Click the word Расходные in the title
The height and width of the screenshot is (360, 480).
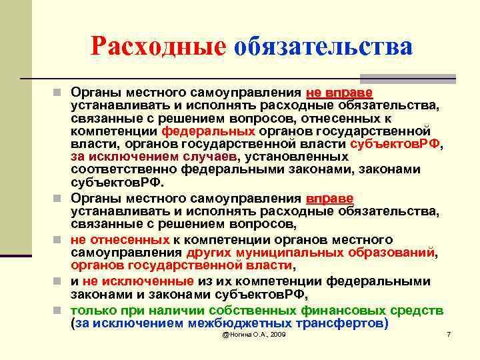(158, 46)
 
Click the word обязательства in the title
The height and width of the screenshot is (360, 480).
(323, 46)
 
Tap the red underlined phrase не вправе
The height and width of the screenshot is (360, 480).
(339, 91)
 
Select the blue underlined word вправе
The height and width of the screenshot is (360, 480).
(330, 199)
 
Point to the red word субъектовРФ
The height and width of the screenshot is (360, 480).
(396, 143)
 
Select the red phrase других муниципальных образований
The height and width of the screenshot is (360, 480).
(311, 253)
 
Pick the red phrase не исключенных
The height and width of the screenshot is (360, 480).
(139, 281)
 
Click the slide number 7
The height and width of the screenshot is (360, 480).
(449, 334)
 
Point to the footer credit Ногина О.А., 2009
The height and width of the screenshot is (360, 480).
(254, 334)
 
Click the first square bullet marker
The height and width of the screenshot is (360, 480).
(61, 91)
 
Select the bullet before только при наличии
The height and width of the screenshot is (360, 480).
(61, 311)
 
